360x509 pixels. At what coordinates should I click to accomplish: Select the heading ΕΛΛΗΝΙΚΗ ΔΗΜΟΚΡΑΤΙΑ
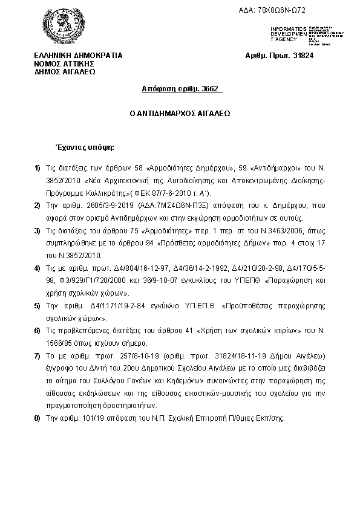pos(78,56)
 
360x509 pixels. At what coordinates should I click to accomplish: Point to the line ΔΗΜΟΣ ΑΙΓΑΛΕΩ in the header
pos(65,71)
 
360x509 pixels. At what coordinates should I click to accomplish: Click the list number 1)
pos(38,167)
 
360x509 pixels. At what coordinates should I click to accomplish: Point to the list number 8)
pos(38,418)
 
